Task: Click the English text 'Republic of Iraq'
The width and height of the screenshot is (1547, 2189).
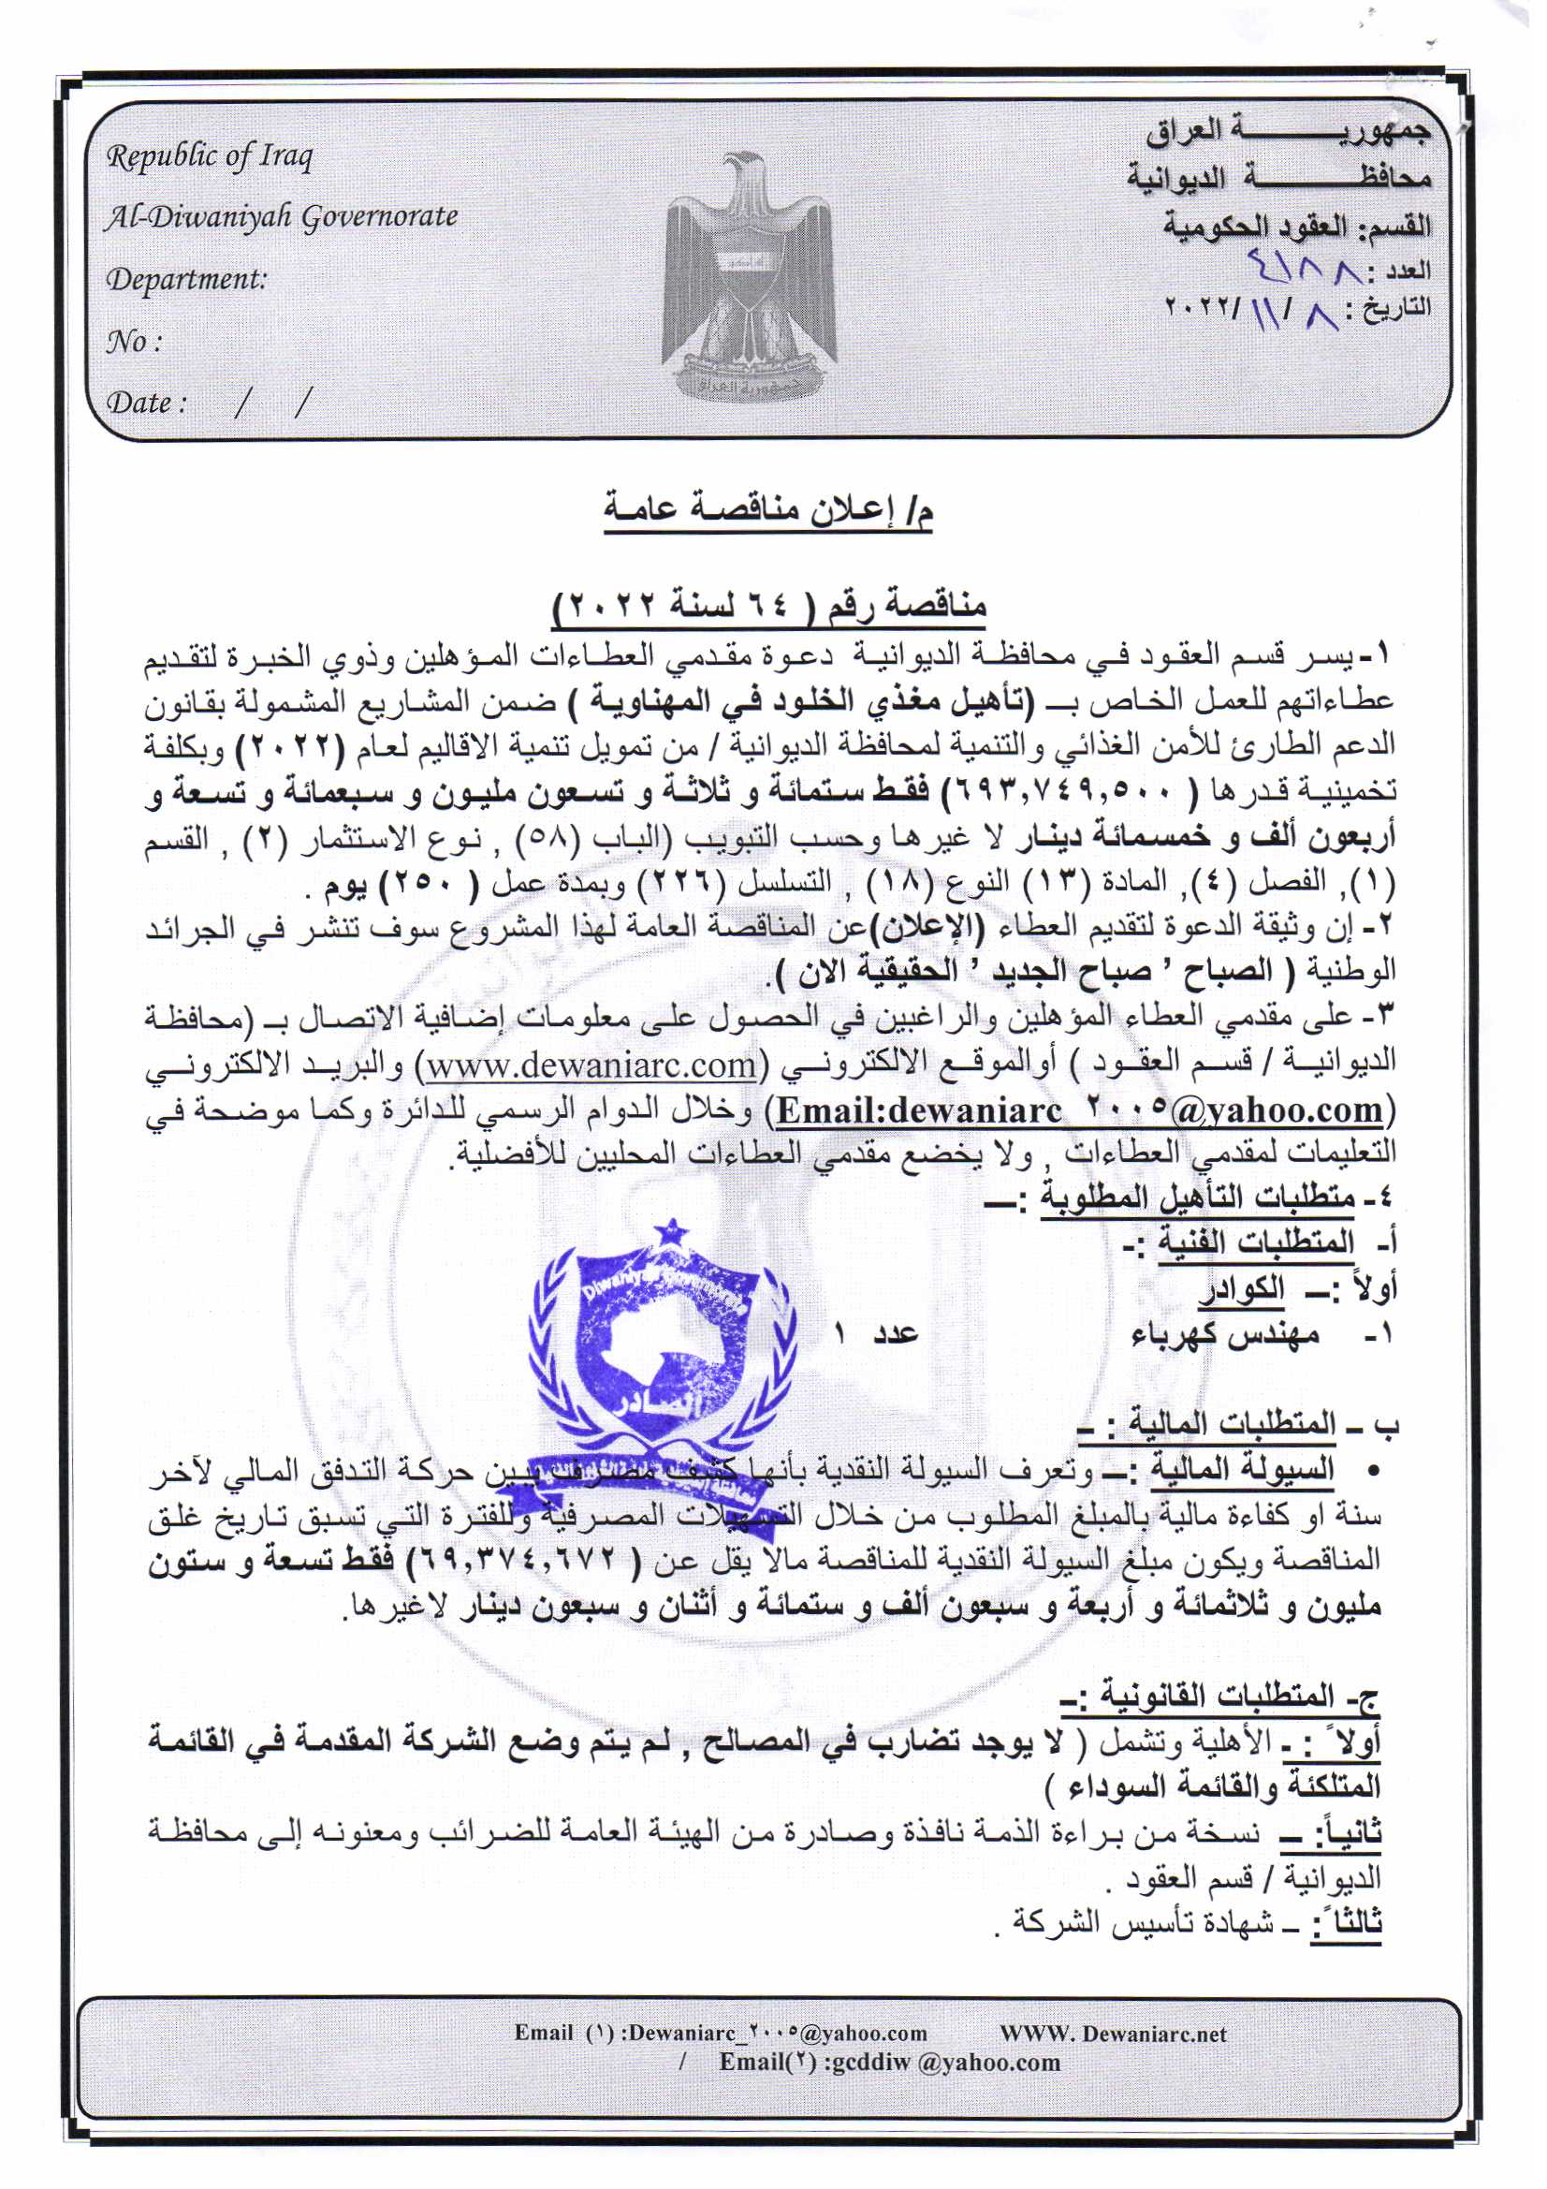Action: (x=209, y=156)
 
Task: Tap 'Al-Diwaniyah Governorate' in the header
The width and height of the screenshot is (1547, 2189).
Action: (x=281, y=218)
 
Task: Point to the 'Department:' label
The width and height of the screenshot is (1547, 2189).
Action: (x=187, y=280)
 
